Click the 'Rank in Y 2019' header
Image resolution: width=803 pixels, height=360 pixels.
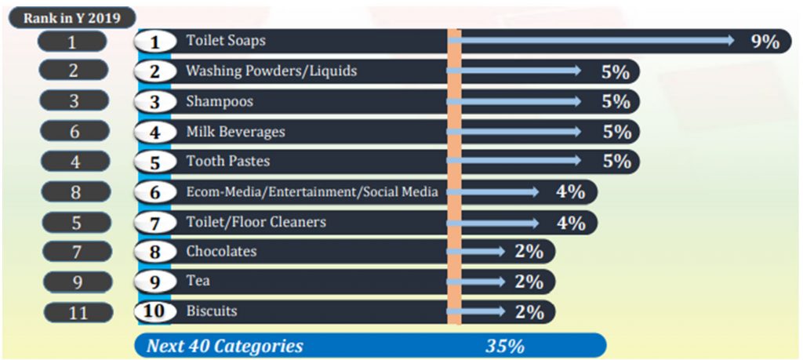[x=71, y=17]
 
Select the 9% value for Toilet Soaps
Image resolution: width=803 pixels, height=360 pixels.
[x=765, y=42]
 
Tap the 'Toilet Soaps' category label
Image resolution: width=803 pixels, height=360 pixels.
[x=226, y=41]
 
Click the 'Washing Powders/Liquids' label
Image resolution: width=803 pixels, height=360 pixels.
[x=271, y=71]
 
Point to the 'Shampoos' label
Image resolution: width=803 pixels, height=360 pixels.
[x=220, y=101]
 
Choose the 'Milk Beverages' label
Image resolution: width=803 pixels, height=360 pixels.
[x=235, y=131]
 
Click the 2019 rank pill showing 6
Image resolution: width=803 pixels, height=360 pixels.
[x=74, y=132]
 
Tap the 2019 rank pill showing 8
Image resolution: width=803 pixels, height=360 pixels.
[x=74, y=192]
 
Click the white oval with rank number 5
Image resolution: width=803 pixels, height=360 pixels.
[x=154, y=162]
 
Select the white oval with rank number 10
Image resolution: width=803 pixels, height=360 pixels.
[x=154, y=312]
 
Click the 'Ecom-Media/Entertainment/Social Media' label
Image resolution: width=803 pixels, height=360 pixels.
[x=311, y=191]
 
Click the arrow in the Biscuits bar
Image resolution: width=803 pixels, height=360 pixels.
[x=483, y=311]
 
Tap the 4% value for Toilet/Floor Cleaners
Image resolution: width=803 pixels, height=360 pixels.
[x=571, y=222]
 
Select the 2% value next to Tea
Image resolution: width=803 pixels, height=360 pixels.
[x=529, y=282]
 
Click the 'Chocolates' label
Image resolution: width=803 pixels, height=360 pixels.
[x=221, y=252]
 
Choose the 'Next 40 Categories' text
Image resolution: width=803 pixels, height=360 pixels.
[x=225, y=345]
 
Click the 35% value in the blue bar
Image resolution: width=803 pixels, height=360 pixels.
[x=505, y=345]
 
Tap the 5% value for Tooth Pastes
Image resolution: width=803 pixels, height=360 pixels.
[x=616, y=162]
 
